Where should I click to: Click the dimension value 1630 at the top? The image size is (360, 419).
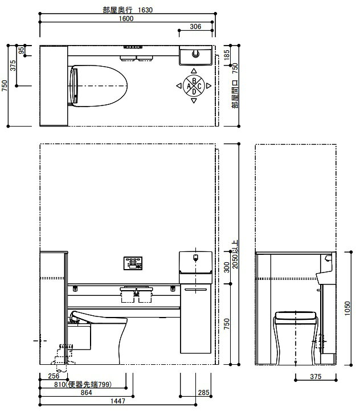[145, 10]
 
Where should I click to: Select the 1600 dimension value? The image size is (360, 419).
[126, 18]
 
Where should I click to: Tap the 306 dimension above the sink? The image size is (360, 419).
[195, 26]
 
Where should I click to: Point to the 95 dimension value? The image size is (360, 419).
[22, 50]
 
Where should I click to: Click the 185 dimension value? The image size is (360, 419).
[227, 55]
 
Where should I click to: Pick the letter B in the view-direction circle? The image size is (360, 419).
[194, 80]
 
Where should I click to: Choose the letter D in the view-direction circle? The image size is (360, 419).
[194, 92]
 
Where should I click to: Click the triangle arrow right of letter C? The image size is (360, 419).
[208, 86]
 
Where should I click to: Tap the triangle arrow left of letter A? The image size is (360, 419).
[179, 86]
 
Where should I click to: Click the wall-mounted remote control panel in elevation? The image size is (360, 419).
[133, 263]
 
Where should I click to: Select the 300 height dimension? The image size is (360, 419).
[227, 267]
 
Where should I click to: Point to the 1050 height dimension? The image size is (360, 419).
[347, 308]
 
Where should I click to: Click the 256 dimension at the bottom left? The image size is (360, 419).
[54, 376]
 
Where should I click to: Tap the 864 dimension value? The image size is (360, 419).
[86, 393]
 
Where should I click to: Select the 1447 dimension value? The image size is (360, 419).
[118, 401]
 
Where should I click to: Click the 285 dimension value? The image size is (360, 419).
[203, 393]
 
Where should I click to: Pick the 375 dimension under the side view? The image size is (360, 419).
[316, 376]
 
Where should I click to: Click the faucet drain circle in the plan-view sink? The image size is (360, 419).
[195, 54]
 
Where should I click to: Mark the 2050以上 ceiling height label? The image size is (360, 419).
[235, 254]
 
